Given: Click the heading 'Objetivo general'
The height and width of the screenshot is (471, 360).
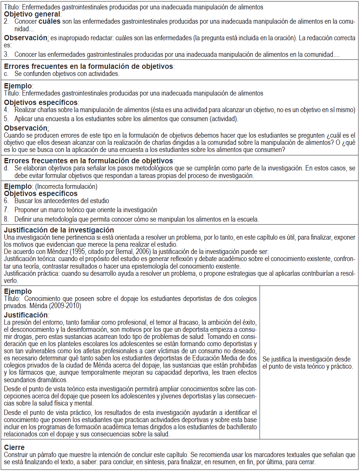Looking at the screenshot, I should (32, 14).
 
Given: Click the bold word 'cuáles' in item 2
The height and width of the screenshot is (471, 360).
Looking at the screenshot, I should (49, 21).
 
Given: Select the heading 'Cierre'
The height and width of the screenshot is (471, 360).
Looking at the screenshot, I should (14, 447).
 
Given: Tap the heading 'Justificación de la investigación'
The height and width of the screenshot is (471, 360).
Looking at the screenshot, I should (59, 230).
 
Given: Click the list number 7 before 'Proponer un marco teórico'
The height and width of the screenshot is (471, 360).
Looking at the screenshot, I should (6, 210).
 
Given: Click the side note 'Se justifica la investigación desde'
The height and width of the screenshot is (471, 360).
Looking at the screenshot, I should (306, 359).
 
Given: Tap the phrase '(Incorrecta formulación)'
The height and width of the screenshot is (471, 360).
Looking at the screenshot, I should (66, 186).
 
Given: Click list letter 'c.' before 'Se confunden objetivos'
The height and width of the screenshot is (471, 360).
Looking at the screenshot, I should (6, 74).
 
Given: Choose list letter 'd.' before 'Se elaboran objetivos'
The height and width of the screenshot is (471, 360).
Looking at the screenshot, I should (6, 168).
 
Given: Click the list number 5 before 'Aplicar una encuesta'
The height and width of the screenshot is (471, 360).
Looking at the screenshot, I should (6, 119).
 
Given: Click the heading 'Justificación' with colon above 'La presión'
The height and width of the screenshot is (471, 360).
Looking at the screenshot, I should (26, 315).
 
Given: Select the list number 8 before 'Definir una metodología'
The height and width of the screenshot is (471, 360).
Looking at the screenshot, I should (6, 219).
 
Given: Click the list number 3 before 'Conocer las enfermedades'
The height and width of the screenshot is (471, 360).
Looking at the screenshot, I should (6, 54).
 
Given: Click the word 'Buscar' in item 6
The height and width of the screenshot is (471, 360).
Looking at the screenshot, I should (24, 201).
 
